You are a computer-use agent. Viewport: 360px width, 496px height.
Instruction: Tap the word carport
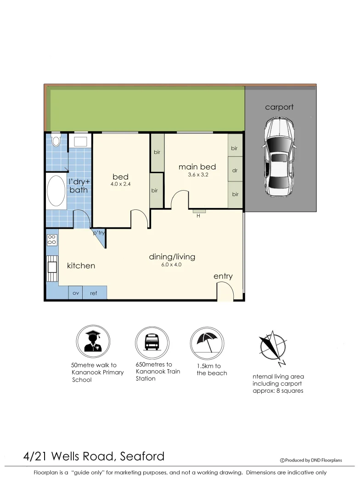pyautogui.click(x=279, y=107)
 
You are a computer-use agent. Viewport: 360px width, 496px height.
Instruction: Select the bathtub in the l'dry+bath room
pyautogui.click(x=56, y=191)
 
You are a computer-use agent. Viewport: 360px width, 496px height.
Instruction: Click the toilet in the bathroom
pyautogui.click(x=56, y=140)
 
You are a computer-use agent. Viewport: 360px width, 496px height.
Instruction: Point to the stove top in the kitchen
pyautogui.click(x=52, y=240)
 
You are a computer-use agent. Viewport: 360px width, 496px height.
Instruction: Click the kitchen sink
pyautogui.click(x=51, y=267)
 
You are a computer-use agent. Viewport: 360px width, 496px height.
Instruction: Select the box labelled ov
pyautogui.click(x=76, y=293)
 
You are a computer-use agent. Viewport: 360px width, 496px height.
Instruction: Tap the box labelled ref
pyautogui.click(x=94, y=293)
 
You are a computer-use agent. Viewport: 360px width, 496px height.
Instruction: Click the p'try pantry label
pyautogui.click(x=99, y=233)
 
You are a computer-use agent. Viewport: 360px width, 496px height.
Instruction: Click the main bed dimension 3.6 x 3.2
pyautogui.click(x=198, y=175)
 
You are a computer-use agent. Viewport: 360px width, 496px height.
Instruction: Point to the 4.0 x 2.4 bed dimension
pyautogui.click(x=120, y=185)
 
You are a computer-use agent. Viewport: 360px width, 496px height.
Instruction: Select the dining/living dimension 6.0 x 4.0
pyautogui.click(x=172, y=265)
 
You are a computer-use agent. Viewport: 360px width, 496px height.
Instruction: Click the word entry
pyautogui.click(x=223, y=276)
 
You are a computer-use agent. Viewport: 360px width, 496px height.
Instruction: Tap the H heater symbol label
pyautogui.click(x=198, y=216)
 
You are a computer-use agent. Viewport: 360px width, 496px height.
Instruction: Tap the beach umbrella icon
pyautogui.click(x=207, y=342)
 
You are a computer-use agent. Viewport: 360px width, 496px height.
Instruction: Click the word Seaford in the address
pyautogui.click(x=143, y=457)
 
